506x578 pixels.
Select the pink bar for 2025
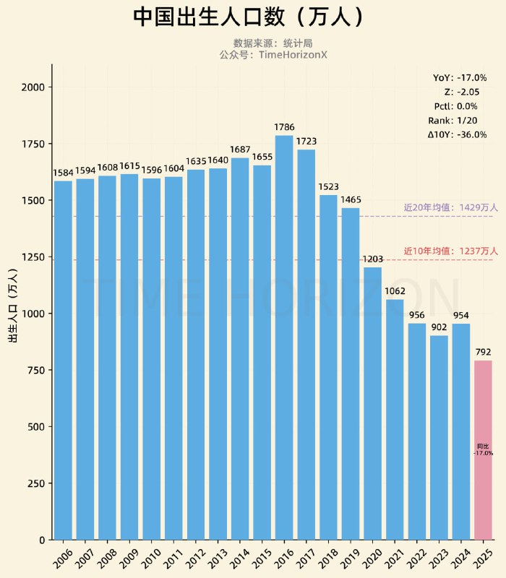pos(483,448)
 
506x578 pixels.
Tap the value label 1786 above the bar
pos(284,127)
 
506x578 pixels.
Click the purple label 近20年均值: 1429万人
pos(450,207)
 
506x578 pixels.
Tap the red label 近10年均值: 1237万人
pos(450,251)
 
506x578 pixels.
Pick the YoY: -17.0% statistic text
pos(459,77)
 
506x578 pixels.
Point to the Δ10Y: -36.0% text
pos(457,134)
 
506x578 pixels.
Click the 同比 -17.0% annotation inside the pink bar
pos(483,449)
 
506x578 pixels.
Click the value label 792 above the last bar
pos(483,352)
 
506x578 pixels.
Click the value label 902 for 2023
pos(439,327)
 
